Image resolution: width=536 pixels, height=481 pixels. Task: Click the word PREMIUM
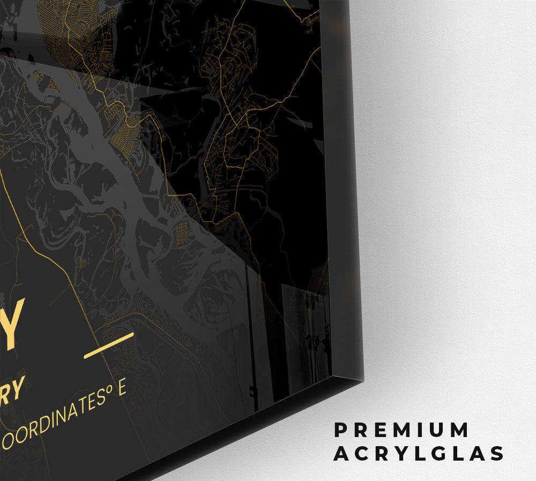[x=401, y=430]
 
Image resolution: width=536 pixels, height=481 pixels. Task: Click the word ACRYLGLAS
[x=419, y=454]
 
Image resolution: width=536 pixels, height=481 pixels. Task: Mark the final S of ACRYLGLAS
[x=497, y=454]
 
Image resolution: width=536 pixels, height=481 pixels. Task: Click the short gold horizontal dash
[x=109, y=345]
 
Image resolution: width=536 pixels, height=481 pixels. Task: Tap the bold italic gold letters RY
[x=13, y=388]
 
